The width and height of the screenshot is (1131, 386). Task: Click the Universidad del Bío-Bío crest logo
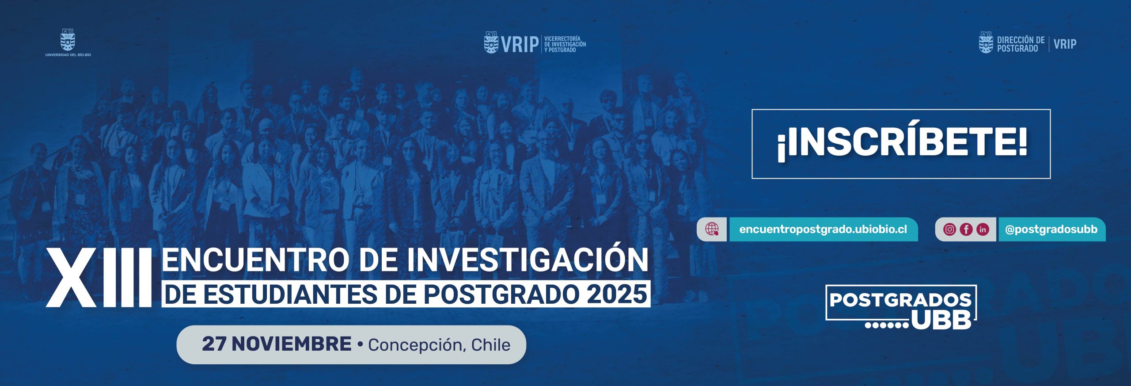coord(68,40)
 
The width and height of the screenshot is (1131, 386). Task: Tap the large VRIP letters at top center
coord(520,44)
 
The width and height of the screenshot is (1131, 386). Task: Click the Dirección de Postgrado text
coord(1021,44)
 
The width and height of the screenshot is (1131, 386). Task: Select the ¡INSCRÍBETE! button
coord(901,144)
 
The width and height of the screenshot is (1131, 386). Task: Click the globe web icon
coord(711,229)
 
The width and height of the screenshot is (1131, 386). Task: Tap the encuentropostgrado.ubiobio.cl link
coord(823,229)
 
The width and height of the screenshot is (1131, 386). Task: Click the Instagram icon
coord(949,229)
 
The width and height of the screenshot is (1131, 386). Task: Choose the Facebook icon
coord(966,229)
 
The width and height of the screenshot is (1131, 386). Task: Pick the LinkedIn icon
coord(983,229)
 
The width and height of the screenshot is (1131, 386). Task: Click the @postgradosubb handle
coord(1051,229)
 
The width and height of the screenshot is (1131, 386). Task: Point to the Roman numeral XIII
coord(99,277)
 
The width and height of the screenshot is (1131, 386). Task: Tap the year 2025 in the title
coord(616,294)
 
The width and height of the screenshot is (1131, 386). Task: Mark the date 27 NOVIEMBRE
coord(277,344)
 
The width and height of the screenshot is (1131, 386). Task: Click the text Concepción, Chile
coord(439,345)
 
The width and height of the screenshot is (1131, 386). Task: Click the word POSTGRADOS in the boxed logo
coord(900,300)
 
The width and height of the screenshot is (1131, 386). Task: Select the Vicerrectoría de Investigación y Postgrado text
coord(565,44)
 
